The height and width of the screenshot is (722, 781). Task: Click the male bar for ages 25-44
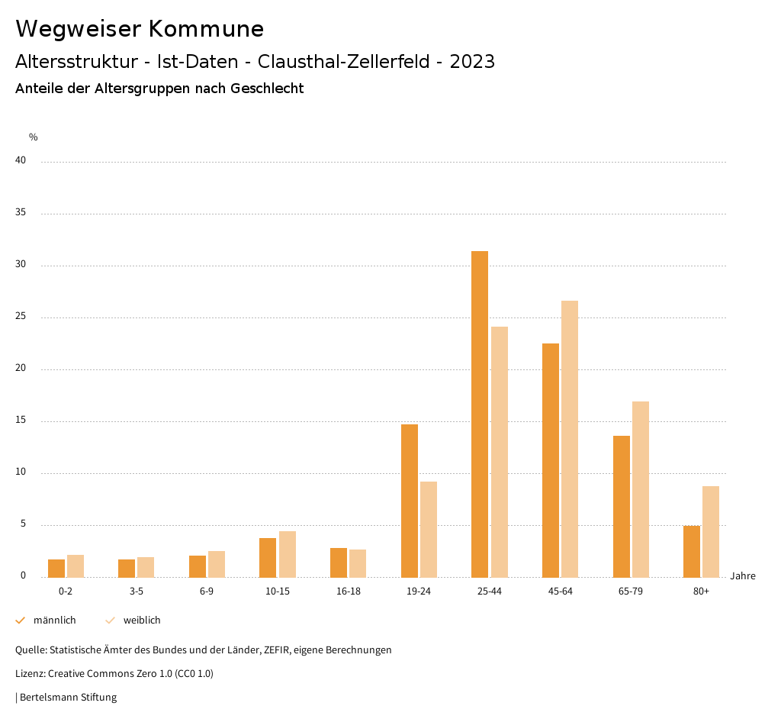480,414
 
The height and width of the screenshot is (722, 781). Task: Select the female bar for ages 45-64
570,439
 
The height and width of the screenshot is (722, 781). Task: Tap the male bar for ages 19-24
410,501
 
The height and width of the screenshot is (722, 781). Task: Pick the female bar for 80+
711,531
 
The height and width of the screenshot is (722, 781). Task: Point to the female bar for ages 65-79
641,489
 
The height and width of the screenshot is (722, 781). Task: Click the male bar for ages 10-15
268,558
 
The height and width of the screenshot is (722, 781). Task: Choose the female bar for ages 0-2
76,566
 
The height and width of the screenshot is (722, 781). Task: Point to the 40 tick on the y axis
21,161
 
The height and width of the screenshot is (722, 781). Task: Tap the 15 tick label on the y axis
21,421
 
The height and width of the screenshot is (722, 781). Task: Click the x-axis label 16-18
348,591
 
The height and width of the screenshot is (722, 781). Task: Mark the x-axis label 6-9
207,591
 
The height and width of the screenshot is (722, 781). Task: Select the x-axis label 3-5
136,591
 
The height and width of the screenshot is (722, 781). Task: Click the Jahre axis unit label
742,576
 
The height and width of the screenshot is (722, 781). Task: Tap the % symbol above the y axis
34,137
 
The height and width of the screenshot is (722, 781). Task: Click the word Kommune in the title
206,29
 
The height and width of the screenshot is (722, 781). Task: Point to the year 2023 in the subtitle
472,62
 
